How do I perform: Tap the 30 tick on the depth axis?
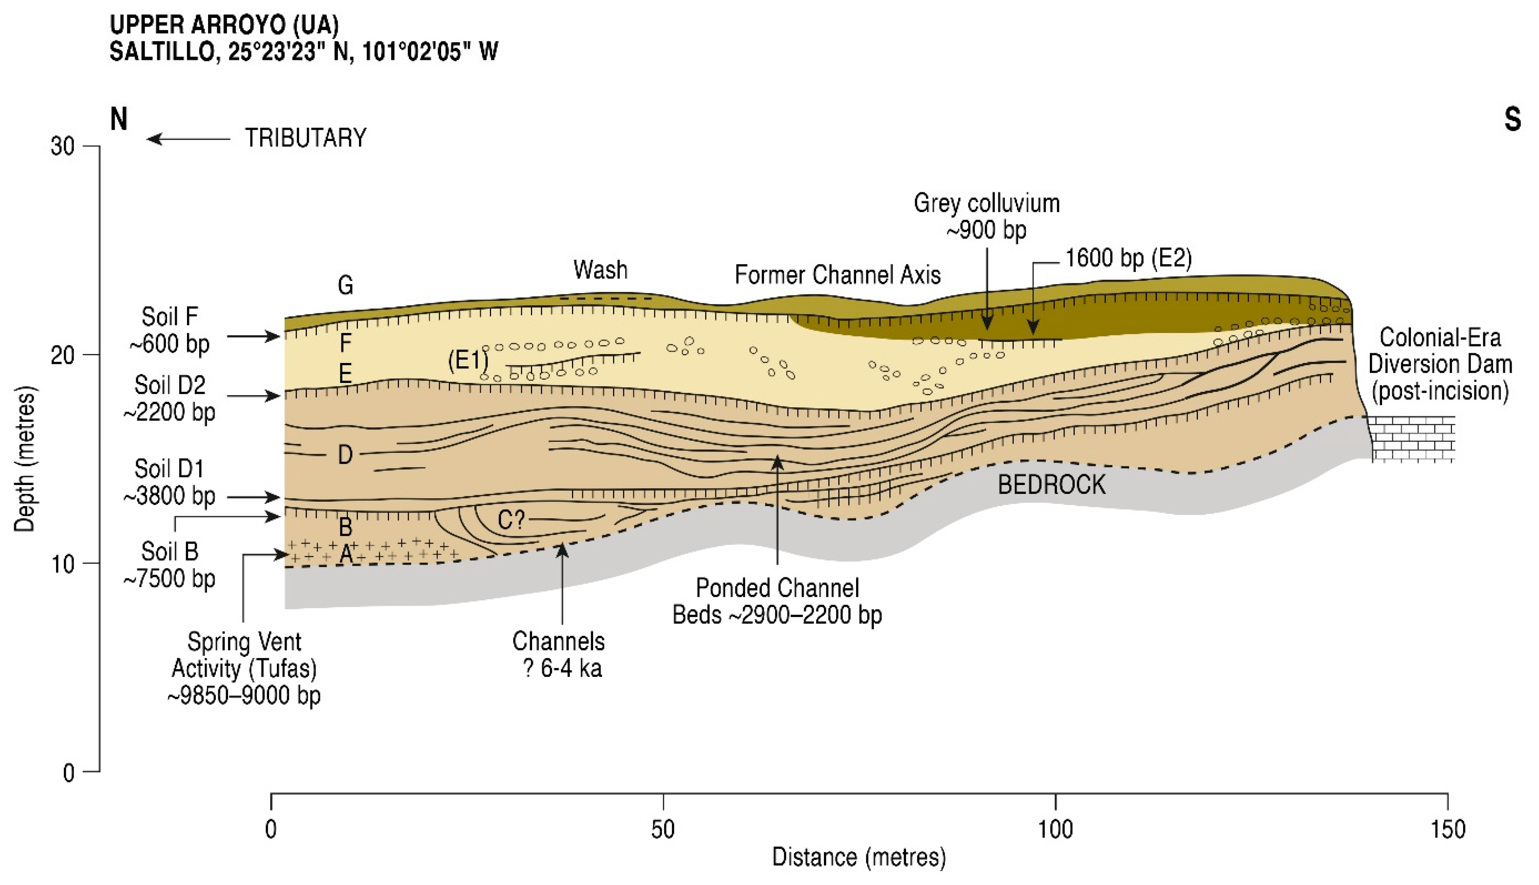(63, 146)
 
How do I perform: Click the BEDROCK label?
(1052, 485)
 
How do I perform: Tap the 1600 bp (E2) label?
(1128, 258)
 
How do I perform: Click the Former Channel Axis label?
(837, 275)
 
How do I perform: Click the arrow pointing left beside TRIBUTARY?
(189, 139)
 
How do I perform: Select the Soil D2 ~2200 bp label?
(170, 398)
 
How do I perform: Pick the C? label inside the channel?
(511, 520)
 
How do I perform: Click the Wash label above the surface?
(600, 269)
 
